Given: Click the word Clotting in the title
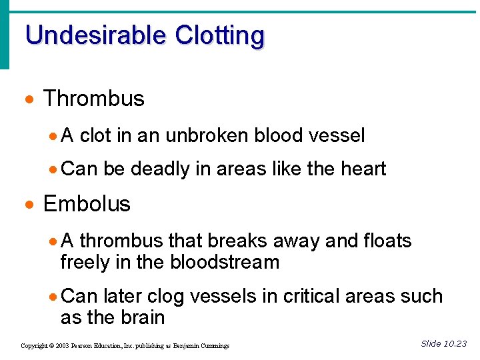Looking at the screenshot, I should coord(219,35).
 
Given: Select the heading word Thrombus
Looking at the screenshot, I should coord(94,99).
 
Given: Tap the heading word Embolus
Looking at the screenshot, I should coord(87,203).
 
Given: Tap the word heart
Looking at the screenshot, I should coord(364,169).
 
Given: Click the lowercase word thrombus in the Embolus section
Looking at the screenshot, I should coord(121,240).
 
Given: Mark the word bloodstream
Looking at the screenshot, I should coord(225,262).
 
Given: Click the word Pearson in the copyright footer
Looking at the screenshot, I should coord(85,346).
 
